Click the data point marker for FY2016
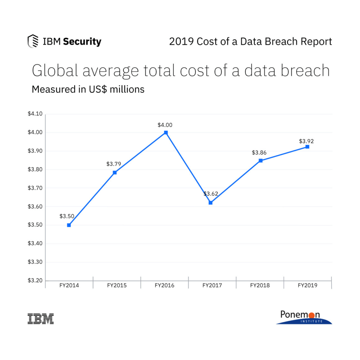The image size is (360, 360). (x=166, y=133)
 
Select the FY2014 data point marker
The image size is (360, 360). (x=69, y=225)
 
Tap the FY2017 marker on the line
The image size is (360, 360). (x=211, y=203)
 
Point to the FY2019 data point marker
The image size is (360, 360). (x=307, y=147)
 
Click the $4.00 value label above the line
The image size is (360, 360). (x=165, y=125)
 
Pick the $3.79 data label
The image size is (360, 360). (x=114, y=164)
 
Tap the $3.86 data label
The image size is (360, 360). (x=259, y=153)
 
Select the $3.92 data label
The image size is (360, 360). (x=306, y=141)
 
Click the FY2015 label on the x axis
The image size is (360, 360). (x=117, y=285)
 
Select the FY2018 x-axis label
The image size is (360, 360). (x=260, y=285)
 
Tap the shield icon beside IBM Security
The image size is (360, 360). (x=33, y=41)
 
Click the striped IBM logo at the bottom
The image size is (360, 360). (x=40, y=318)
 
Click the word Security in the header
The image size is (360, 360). (x=82, y=42)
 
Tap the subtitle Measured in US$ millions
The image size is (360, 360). (x=88, y=89)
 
